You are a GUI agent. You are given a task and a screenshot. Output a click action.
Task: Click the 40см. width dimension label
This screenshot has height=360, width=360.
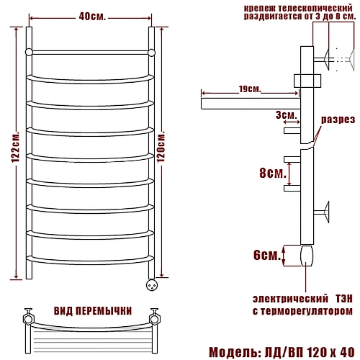tap(92, 17)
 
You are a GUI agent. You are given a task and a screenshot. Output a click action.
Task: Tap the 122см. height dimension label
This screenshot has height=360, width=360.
tap(16, 147)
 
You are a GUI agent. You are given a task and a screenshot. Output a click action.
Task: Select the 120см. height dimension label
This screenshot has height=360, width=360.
tap(161, 147)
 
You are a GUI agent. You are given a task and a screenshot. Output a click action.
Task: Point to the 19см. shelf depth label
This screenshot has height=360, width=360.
tap(250, 89)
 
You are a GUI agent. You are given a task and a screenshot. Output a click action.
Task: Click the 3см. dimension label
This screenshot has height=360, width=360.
tap(287, 115)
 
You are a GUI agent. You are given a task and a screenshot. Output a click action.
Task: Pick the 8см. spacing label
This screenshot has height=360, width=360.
tap(273, 173)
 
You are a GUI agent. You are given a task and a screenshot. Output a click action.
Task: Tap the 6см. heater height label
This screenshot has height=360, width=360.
tap(267, 255)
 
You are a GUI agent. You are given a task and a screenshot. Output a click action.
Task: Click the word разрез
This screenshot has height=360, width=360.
tap(338, 120)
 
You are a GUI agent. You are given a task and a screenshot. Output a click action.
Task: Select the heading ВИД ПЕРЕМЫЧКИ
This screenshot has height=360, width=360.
tap(93, 311)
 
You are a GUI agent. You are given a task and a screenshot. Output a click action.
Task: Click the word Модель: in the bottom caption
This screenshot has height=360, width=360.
tap(235, 352)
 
